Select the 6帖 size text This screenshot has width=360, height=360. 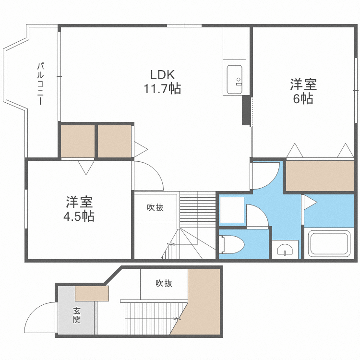coord(303,99)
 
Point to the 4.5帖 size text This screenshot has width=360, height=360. coord(79,216)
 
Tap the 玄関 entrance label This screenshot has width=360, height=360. coord(77,315)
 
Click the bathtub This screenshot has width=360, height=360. coord(328,243)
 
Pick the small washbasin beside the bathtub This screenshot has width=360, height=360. coord(285,250)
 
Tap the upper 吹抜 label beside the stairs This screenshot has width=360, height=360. coord(155,208)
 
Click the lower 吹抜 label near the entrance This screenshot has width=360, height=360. coord(164,283)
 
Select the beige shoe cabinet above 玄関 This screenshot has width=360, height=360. coord(92,293)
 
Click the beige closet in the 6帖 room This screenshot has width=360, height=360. coord(320,175)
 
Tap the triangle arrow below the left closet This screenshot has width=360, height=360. coord(86,167)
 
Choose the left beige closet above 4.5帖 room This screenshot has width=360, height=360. coord(77,141)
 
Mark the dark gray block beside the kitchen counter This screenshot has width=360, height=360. coord(247,111)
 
